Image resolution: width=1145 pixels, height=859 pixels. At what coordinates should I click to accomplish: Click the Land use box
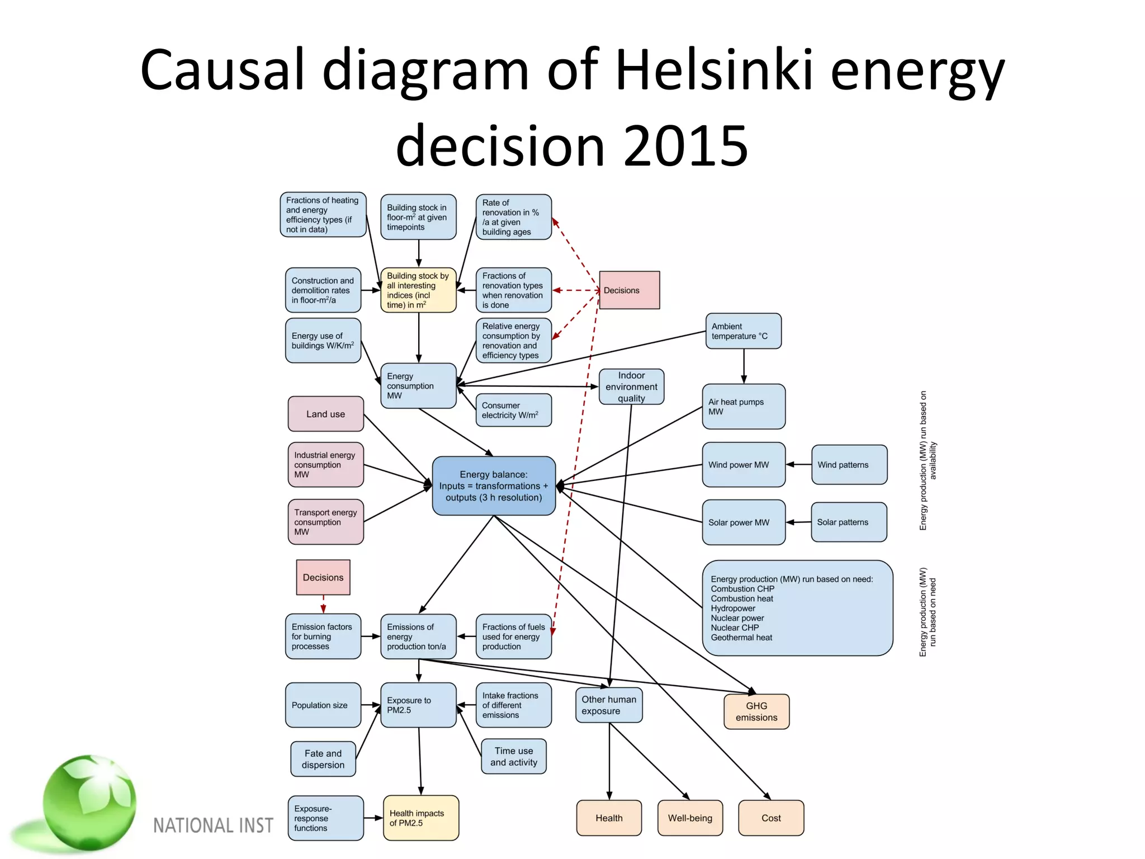pyautogui.click(x=325, y=414)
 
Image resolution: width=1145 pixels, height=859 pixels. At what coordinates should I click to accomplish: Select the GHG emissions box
pyautogui.click(x=756, y=711)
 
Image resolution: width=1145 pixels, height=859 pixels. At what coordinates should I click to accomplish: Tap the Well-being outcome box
pyautogui.click(x=690, y=818)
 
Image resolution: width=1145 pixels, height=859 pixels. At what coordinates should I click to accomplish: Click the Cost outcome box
pyautogui.click(x=771, y=818)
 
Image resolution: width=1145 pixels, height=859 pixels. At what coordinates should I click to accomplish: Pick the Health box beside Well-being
pyautogui.click(x=609, y=818)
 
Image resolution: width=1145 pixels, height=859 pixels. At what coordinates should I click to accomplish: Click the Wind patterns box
pyautogui.click(x=849, y=465)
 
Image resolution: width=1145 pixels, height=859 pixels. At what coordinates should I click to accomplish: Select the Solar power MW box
pyautogui.click(x=744, y=522)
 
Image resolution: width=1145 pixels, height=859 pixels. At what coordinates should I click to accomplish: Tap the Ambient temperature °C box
pyautogui.click(x=743, y=331)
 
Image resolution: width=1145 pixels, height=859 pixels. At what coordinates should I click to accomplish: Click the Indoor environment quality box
pyautogui.click(x=631, y=386)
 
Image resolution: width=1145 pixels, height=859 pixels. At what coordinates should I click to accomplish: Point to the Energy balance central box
pyautogui.click(x=494, y=485)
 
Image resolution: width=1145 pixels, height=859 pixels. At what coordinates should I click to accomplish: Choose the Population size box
pyautogui.click(x=323, y=705)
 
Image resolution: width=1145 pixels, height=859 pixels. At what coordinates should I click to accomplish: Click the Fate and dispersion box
pyautogui.click(x=323, y=759)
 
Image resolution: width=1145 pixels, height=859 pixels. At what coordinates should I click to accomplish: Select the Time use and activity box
pyautogui.click(x=513, y=757)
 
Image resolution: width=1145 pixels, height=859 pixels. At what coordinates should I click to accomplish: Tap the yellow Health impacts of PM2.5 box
pyautogui.click(x=420, y=818)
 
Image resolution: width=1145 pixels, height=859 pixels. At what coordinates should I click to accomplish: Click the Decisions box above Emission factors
pyautogui.click(x=323, y=577)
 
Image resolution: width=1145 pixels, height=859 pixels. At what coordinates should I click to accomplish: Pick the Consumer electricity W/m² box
pyautogui.click(x=513, y=410)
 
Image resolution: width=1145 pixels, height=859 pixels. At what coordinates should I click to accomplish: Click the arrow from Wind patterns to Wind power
pyautogui.click(x=798, y=465)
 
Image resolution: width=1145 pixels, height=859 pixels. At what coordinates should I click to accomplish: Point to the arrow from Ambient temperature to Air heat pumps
pyautogui.click(x=744, y=366)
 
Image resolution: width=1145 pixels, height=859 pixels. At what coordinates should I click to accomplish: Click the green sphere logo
pyautogui.click(x=89, y=803)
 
